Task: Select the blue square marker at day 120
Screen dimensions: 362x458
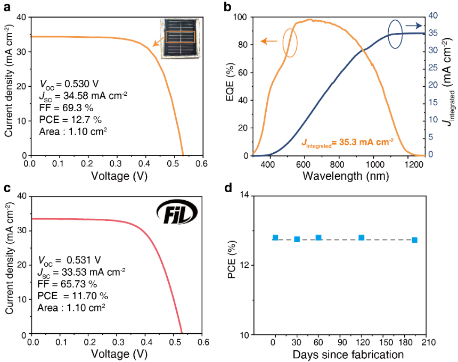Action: [x=362, y=237]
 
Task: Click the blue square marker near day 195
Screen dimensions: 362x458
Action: [x=414, y=240]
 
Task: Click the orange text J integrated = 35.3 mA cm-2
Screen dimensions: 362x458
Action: [x=347, y=142]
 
